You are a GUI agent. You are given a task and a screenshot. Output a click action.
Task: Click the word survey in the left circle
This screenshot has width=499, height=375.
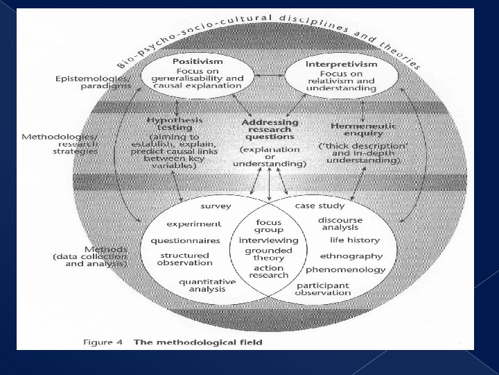(216, 206)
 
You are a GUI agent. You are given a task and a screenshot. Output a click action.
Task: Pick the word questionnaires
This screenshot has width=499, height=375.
(186, 240)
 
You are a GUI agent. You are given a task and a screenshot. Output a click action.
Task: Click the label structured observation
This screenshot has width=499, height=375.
(184, 259)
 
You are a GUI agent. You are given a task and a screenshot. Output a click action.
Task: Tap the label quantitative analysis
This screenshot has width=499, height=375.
(208, 285)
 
